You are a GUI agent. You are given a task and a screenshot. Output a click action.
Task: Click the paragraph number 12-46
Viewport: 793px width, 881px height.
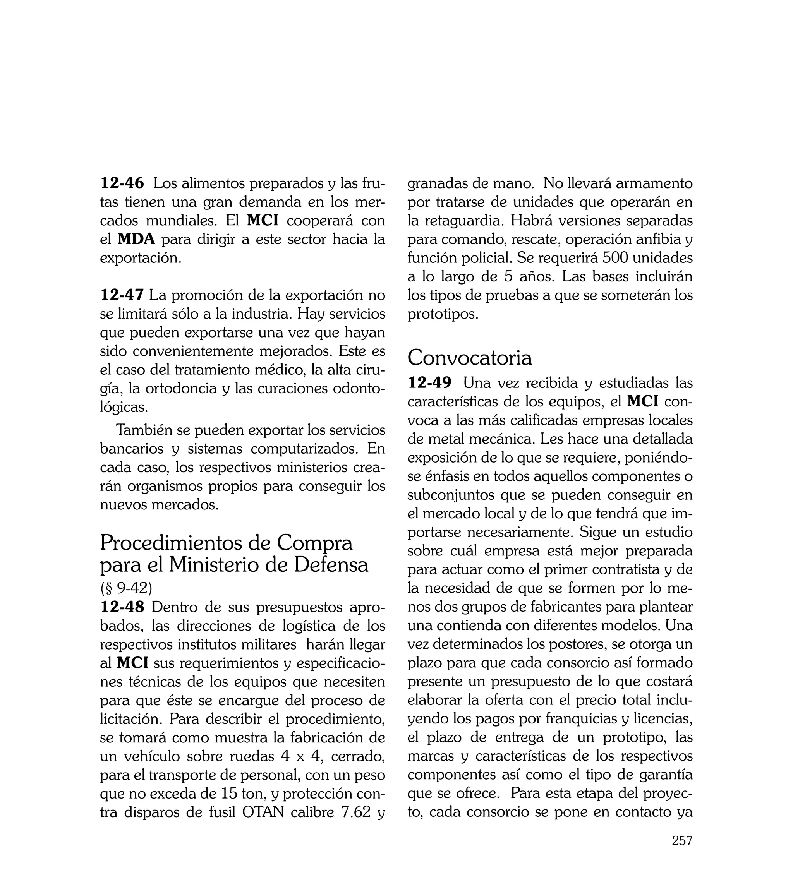pos(122,183)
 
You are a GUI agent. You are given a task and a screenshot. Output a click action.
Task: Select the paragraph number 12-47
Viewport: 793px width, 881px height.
pos(122,295)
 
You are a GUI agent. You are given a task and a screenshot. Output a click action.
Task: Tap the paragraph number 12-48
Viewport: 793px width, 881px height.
pos(122,607)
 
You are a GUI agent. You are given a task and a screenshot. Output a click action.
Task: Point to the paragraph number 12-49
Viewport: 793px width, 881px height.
pos(430,383)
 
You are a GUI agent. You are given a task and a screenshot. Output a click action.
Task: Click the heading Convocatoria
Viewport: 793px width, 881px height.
pos(470,358)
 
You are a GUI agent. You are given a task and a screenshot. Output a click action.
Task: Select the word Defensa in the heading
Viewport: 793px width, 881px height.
pos(331,565)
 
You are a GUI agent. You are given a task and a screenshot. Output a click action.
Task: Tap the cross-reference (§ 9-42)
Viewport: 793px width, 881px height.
pos(126,588)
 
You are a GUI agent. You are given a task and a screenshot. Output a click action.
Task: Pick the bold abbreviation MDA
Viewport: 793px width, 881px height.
pos(136,240)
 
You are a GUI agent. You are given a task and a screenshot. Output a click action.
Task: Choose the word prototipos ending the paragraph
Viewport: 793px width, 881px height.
pos(442,314)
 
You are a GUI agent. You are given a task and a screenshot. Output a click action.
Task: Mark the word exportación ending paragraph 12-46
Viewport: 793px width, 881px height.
pos(140,259)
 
